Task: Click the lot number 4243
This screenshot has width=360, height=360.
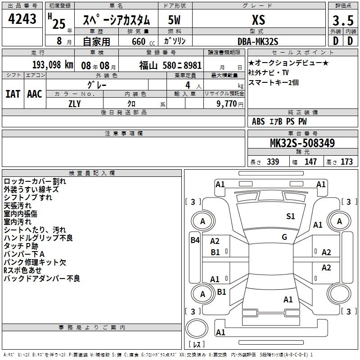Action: pos(22,20)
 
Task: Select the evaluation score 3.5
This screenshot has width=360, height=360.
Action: pos(342,21)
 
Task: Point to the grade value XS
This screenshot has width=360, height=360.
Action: pos(258,20)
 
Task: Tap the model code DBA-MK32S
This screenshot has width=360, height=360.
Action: pos(258,41)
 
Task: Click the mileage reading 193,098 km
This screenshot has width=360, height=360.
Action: pos(52,64)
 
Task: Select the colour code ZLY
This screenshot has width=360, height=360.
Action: pos(75,104)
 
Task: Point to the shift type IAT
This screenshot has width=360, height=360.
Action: pos(13,94)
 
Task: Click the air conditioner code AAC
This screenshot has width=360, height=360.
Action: pos(34,94)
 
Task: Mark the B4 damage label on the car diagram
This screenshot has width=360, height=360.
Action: pos(194,240)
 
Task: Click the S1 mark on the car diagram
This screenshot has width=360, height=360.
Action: pos(291,216)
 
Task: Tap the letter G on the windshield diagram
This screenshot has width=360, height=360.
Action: pos(284,237)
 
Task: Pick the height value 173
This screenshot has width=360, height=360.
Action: pos(346,162)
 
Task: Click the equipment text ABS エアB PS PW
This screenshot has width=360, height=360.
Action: pos(273,121)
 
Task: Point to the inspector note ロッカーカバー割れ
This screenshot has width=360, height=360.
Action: pos(35,181)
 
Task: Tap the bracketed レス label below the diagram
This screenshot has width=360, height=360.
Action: pos(197,345)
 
